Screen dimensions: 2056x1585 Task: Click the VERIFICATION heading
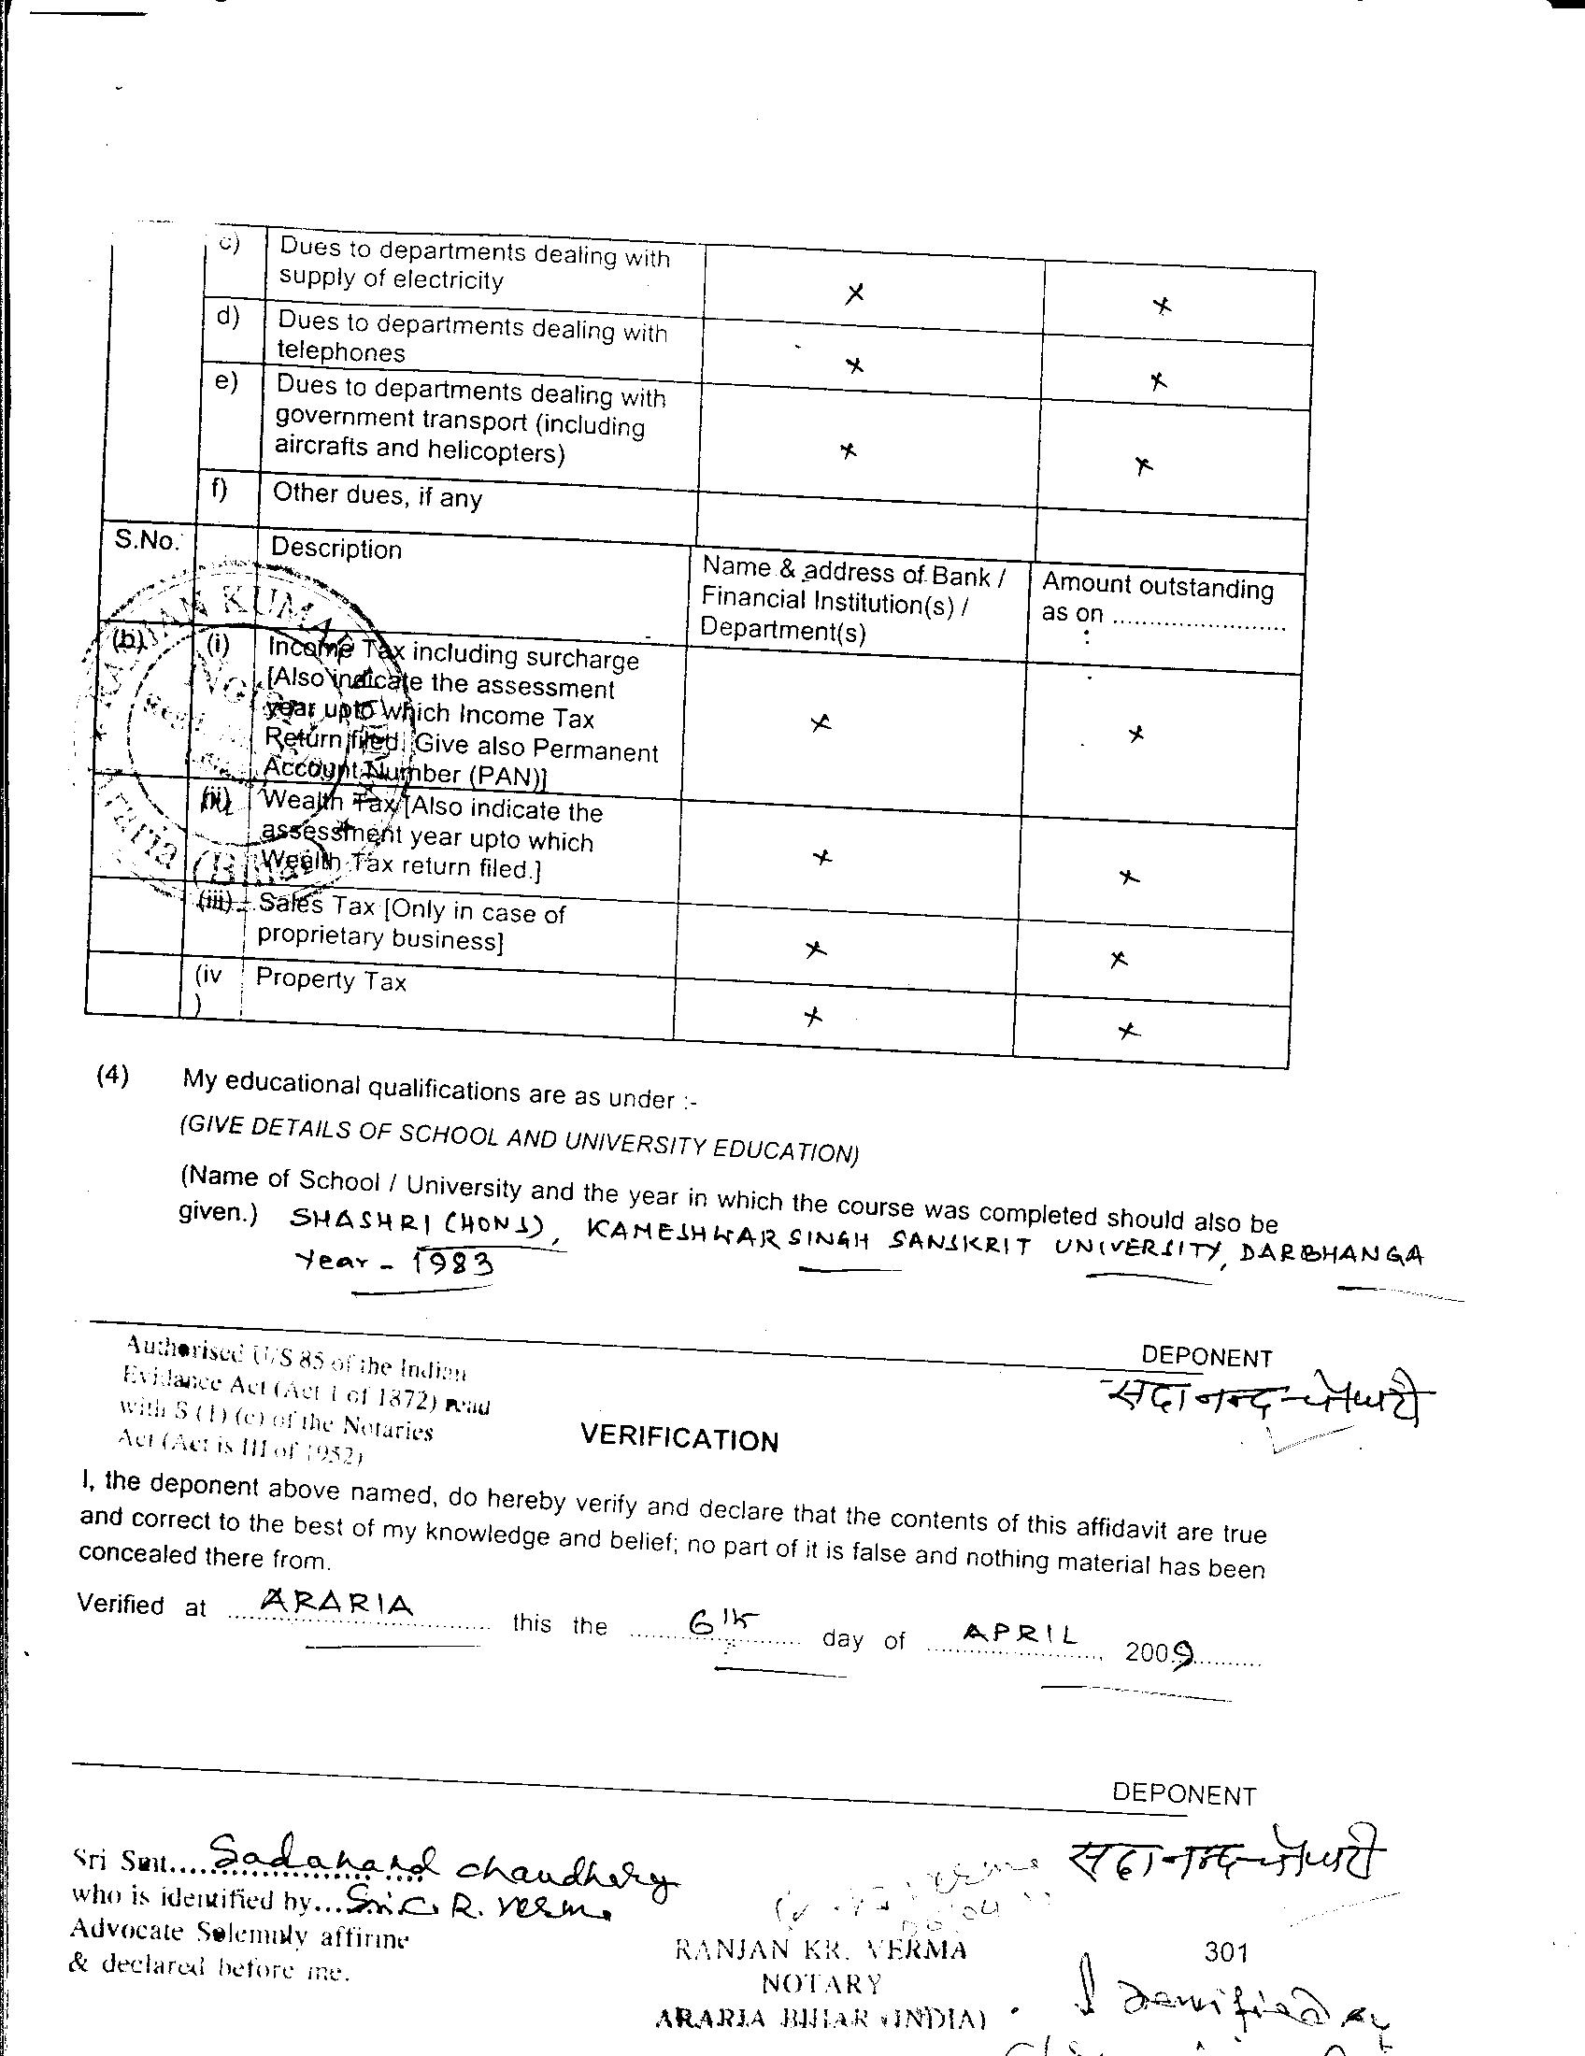[x=678, y=1437]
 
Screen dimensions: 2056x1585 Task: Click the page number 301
[x=1225, y=1952]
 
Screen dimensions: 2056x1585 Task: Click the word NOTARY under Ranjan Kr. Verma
[x=821, y=1983]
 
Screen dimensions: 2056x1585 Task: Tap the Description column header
[x=336, y=549]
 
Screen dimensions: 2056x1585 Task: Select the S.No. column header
[x=146, y=540]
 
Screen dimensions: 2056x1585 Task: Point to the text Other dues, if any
[x=377, y=495]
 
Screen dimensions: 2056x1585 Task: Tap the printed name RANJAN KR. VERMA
[x=821, y=1949]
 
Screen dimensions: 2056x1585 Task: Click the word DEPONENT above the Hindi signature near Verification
[x=1206, y=1357]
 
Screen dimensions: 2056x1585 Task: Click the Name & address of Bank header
[x=852, y=599]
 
